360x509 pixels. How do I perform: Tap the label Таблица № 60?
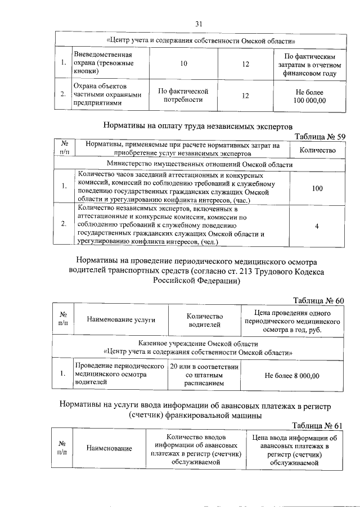click(318, 300)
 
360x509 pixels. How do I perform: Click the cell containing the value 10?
click(184, 64)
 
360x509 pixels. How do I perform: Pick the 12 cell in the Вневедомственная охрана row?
click(245, 64)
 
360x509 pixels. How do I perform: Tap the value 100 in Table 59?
click(317, 188)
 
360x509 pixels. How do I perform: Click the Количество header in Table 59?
click(317, 150)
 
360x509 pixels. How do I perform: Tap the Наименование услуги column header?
click(121, 320)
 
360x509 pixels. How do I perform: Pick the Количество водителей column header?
click(205, 320)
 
